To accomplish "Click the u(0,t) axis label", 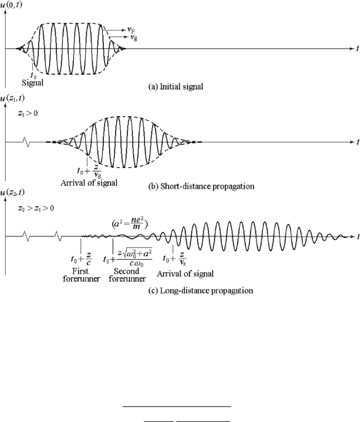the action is [x=11, y=5].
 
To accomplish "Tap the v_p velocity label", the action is [x=131, y=29].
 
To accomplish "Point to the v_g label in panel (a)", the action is [x=133, y=37].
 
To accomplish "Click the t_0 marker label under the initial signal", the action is [x=34, y=76].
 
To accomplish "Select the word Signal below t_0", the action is [x=32, y=83].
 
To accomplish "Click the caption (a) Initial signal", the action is [x=176, y=87].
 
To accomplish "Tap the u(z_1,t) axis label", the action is [x=12, y=98].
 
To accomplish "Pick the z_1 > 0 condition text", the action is [x=28, y=113].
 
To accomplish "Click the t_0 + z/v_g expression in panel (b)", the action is [x=89, y=171].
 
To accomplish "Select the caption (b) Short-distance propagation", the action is [x=201, y=186].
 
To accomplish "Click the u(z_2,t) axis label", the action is [x=12, y=192].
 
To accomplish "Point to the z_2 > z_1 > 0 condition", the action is [x=36, y=208].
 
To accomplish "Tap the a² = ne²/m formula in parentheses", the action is [x=130, y=223].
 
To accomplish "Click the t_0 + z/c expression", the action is [x=81, y=259].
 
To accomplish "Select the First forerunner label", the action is [x=81, y=275].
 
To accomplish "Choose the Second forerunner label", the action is [x=127, y=275].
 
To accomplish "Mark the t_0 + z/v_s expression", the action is [x=175, y=259].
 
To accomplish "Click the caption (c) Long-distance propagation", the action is [x=201, y=290].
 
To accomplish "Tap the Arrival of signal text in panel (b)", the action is [x=89, y=183].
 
